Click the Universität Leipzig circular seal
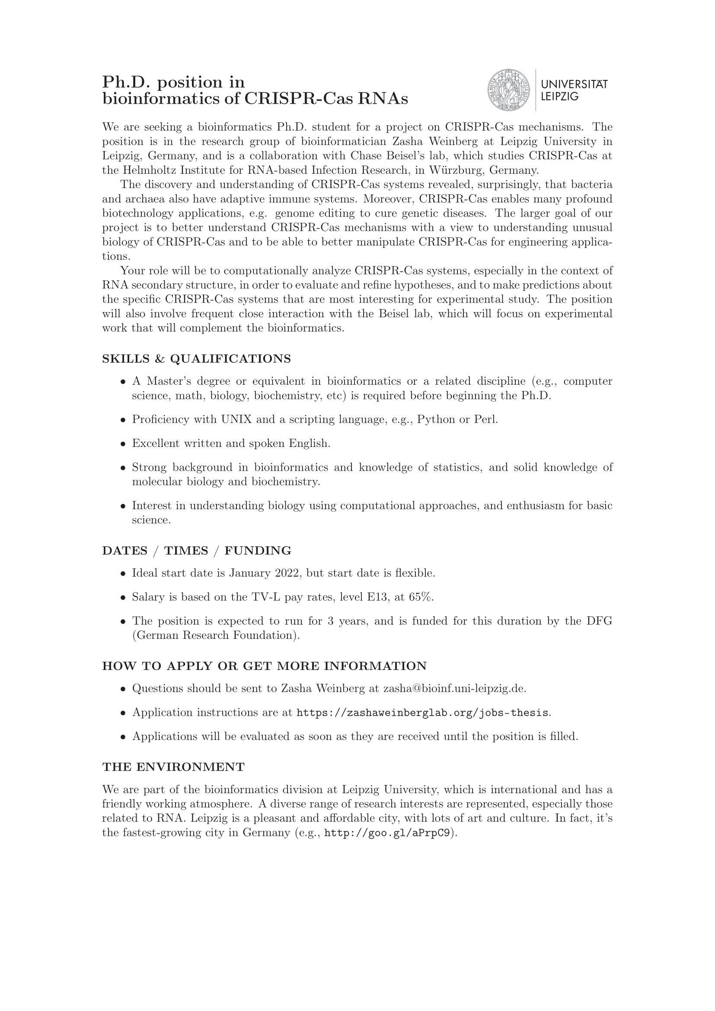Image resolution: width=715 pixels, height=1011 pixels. (x=508, y=90)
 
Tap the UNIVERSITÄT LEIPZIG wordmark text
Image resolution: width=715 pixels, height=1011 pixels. (x=574, y=90)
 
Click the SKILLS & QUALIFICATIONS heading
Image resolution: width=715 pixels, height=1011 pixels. (x=196, y=359)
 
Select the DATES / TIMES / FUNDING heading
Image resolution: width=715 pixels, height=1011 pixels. (x=196, y=551)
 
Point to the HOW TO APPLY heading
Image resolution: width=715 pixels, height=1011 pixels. (x=264, y=666)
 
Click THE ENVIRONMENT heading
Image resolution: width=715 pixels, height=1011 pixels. (x=173, y=767)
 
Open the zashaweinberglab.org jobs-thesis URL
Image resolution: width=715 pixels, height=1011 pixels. (x=423, y=712)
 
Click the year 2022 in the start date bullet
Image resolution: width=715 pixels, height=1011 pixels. (x=287, y=573)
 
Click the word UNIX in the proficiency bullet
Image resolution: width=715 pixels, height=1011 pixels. (x=236, y=419)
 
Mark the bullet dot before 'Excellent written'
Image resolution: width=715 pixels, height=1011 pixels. (x=123, y=444)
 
